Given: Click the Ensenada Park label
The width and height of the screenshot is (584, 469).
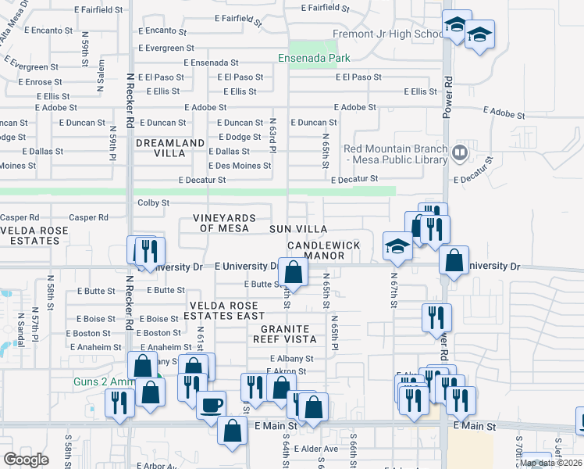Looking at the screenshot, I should pos(315,58).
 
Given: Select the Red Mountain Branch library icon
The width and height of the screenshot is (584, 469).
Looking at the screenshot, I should pos(461,152).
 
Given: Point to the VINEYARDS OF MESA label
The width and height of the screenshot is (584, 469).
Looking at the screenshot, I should pos(224,223).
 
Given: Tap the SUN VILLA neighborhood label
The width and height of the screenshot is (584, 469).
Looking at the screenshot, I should pos(298,229).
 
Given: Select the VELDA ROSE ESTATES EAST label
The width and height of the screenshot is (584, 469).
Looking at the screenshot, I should pos(224,310).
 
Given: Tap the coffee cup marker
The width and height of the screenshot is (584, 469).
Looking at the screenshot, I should pos(212,405).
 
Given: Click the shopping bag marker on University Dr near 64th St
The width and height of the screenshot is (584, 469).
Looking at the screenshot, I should pos(294,272).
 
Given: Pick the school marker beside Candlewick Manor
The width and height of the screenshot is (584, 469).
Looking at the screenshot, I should pos(398,245).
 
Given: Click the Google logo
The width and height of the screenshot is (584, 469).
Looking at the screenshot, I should pos(26,459).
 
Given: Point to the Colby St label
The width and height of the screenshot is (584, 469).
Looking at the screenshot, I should pos(154,202).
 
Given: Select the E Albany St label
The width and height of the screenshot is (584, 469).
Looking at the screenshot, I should pos(288,359).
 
